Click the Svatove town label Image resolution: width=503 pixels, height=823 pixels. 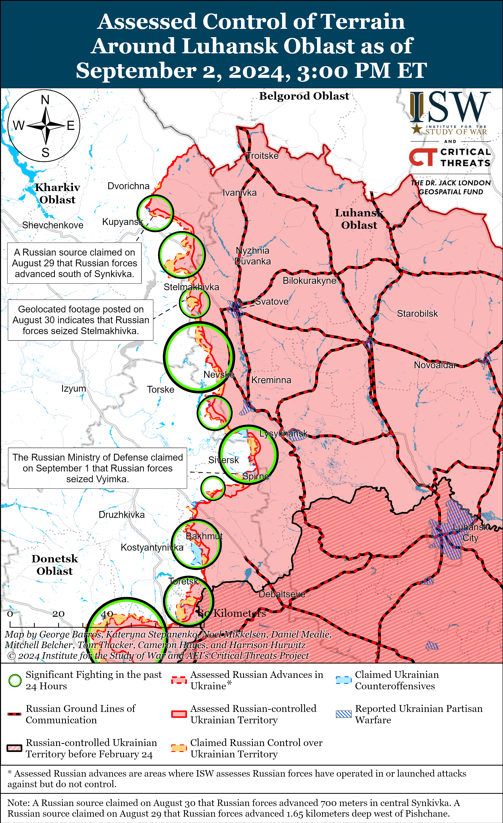(x=272, y=302)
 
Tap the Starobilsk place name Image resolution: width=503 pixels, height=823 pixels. (x=417, y=314)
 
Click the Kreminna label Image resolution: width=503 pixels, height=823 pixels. (x=271, y=380)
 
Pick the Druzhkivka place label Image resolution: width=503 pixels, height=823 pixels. (x=122, y=515)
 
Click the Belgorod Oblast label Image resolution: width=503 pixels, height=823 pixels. (x=304, y=96)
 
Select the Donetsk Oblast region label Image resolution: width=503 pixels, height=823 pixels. (x=55, y=565)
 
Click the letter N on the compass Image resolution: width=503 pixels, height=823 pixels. (x=45, y=100)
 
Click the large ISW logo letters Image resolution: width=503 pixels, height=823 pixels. (x=451, y=108)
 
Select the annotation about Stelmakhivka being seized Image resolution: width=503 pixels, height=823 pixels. (x=80, y=320)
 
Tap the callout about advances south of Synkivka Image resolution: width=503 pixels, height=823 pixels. (x=74, y=263)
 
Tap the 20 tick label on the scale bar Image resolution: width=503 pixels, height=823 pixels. (x=58, y=614)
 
